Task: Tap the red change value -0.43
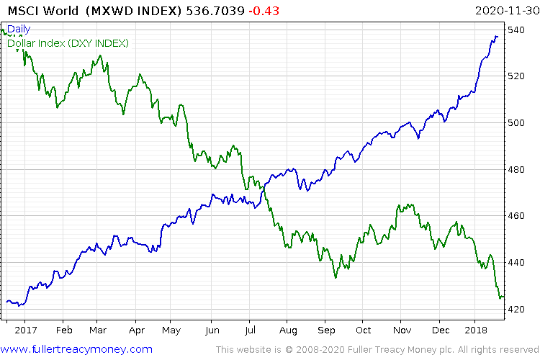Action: (263, 12)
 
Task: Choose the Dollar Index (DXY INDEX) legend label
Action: (68, 43)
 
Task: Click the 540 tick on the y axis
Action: (518, 30)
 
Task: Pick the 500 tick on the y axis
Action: (518, 122)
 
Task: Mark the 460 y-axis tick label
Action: (518, 216)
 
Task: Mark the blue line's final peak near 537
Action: (496, 36)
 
